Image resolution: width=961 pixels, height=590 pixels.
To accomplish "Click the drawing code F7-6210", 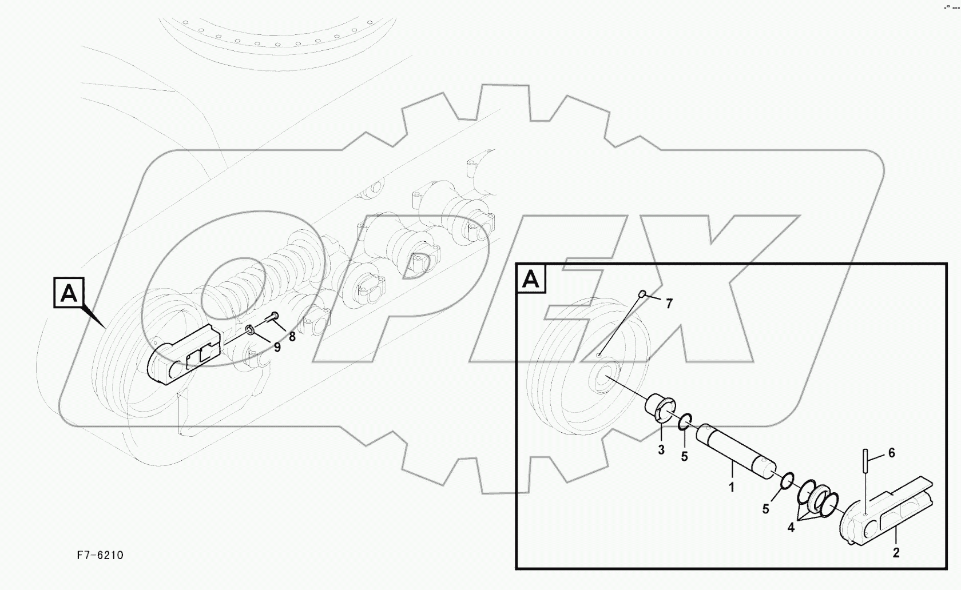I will pos(100,555).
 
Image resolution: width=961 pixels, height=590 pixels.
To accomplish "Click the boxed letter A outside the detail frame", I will pos(69,293).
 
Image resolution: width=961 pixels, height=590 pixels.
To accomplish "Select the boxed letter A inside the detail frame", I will pos(531,279).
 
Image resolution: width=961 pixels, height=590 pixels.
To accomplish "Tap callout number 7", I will pos(669,304).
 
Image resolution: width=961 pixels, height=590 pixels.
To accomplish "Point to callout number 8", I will pos(292,337).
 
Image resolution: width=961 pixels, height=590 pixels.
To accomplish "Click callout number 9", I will pos(277,347).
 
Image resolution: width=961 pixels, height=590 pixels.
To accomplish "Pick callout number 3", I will pos(661,450).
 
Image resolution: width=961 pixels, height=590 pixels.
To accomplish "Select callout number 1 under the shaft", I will pos(731,487).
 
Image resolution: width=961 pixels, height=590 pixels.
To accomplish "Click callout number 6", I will pos(891,453).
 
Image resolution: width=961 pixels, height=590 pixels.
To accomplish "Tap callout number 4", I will pos(791,528).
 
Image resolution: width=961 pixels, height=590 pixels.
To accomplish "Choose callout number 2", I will pos(896,552).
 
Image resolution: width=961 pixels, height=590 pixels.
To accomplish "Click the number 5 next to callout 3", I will pos(684,457).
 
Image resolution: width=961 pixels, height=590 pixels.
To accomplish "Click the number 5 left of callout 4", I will pos(766,508).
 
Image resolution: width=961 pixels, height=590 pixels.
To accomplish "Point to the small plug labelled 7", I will pos(642,294).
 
